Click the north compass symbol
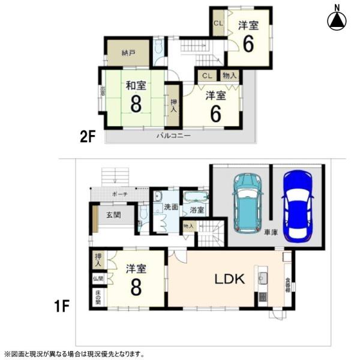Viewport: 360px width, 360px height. click(337, 19)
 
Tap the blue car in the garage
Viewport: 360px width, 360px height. click(298, 205)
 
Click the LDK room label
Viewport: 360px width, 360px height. click(227, 278)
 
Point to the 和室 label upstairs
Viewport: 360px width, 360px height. click(136, 86)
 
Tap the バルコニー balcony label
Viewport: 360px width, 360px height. click(173, 136)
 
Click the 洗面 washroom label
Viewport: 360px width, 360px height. click(170, 207)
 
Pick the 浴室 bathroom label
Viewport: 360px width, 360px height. click(197, 210)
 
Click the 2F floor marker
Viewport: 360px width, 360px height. click(88, 136)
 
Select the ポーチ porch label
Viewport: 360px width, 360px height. click(119, 195)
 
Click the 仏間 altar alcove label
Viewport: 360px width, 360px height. click(97, 278)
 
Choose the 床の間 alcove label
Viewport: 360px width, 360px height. click(97, 296)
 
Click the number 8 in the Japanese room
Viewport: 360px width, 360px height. click(136, 106)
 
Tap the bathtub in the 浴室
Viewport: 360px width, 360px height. click(195, 197)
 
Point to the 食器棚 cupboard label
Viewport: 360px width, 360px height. click(288, 284)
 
